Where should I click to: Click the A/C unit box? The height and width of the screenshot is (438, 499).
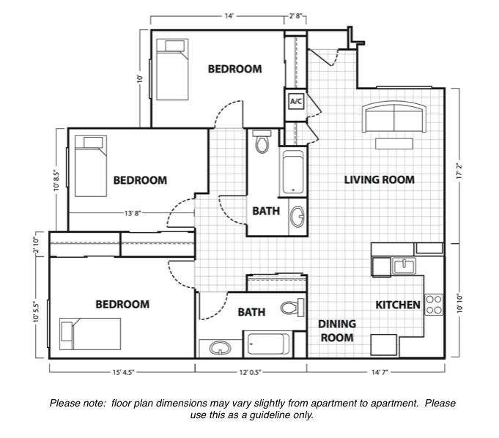tap(296, 101)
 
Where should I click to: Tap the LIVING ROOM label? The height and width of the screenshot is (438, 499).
tap(380, 179)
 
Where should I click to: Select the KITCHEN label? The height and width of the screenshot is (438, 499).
tap(398, 305)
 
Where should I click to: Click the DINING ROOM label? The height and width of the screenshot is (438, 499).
tap(336, 331)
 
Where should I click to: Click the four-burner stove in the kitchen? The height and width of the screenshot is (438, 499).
tap(435, 304)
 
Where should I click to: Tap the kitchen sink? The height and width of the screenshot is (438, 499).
tap(404, 266)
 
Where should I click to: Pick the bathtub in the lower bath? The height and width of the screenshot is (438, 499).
tap(269, 344)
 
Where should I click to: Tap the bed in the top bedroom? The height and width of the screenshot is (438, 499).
tap(171, 70)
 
